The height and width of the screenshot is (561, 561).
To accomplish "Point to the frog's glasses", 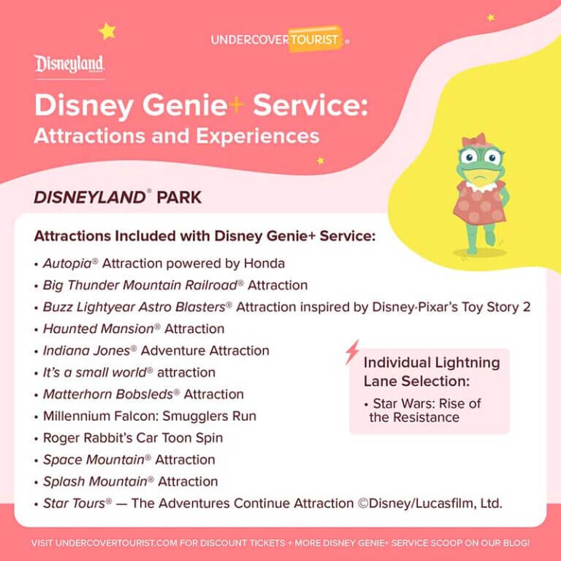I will (481, 156).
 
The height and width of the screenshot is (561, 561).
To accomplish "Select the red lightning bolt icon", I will (352, 352).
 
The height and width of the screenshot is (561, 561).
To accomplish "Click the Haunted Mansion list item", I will (134, 329).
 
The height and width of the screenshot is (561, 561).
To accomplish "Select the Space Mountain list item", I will (129, 459).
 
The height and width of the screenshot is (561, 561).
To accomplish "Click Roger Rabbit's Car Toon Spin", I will (133, 438).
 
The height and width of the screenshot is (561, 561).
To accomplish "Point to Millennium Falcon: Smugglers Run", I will (150, 416).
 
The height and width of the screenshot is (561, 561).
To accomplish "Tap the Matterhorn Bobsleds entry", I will (143, 394).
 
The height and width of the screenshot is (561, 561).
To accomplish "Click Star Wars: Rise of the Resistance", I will (427, 411).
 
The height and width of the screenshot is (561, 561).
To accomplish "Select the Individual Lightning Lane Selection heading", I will (431, 372).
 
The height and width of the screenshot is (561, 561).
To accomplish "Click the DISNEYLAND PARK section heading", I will (118, 198).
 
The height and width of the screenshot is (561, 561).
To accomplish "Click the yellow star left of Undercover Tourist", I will (107, 31).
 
